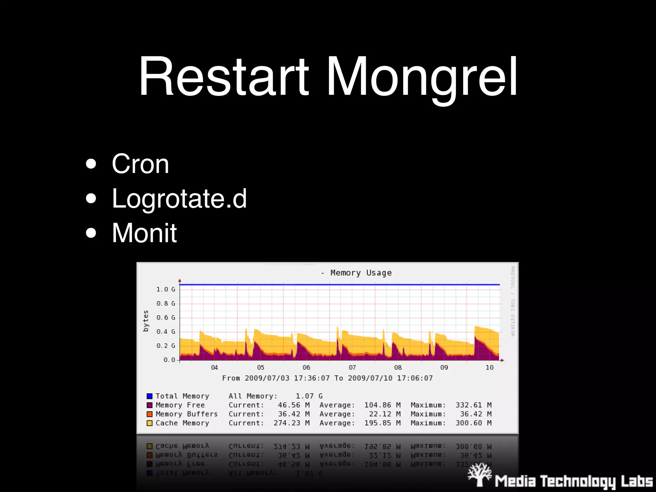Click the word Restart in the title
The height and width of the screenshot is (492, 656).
point(224,77)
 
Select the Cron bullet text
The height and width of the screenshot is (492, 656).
point(140,164)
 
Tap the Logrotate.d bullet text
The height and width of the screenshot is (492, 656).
point(179,199)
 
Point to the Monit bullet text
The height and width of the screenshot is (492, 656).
point(144,233)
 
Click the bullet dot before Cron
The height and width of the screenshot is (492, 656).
point(91,164)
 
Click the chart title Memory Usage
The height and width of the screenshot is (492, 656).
point(361,273)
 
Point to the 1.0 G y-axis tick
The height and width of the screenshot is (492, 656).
point(166,289)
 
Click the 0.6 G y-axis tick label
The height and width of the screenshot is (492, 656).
point(166,317)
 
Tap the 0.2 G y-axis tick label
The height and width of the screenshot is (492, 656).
point(166,346)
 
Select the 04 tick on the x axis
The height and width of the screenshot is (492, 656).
point(214,367)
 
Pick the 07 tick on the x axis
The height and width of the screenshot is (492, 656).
point(352,367)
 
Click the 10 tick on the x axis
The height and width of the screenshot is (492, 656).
point(489,367)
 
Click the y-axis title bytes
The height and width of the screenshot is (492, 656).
point(146,321)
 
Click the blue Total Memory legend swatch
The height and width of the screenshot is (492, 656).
point(150,396)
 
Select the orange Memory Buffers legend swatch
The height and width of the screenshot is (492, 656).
point(150,414)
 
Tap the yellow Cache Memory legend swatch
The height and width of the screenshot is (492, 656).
point(150,423)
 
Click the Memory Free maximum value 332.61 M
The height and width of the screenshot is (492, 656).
point(473,405)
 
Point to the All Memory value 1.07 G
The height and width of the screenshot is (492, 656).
point(309,396)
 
